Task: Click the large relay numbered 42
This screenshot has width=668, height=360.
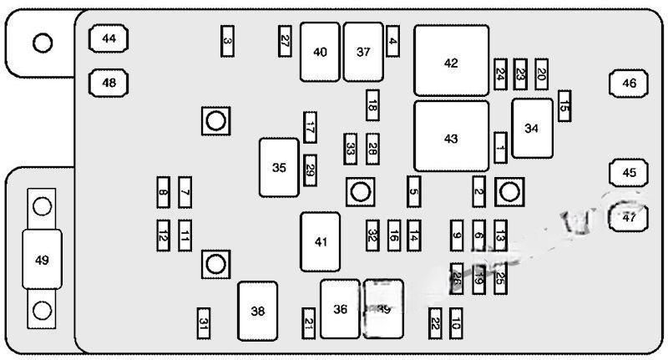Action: coord(451,61)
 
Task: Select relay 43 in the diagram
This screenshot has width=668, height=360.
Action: coord(451,137)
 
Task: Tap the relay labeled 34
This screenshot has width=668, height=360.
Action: coord(532,128)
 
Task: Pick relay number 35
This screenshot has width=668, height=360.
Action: coord(279,167)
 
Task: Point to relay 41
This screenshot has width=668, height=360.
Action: coord(321,241)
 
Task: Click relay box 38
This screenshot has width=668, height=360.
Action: coord(257,311)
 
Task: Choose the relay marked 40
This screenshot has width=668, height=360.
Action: coord(320,52)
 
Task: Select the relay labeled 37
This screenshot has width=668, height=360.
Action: coord(363,52)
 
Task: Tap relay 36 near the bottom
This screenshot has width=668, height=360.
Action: coord(340,308)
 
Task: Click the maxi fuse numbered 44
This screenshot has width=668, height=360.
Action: coord(109,38)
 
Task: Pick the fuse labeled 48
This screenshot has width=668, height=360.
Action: coord(109,83)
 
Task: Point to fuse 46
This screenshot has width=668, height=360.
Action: coord(629,83)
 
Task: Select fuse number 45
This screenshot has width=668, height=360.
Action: coord(629,172)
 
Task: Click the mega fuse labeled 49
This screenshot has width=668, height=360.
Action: coord(42,259)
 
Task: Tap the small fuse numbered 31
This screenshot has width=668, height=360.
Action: coord(203,322)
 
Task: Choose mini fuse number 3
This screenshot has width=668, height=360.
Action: coord(227,41)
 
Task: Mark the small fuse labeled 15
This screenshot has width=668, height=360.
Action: coord(564,106)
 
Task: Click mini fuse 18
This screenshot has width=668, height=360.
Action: coord(372,104)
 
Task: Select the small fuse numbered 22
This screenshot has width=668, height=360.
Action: coord(435,324)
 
